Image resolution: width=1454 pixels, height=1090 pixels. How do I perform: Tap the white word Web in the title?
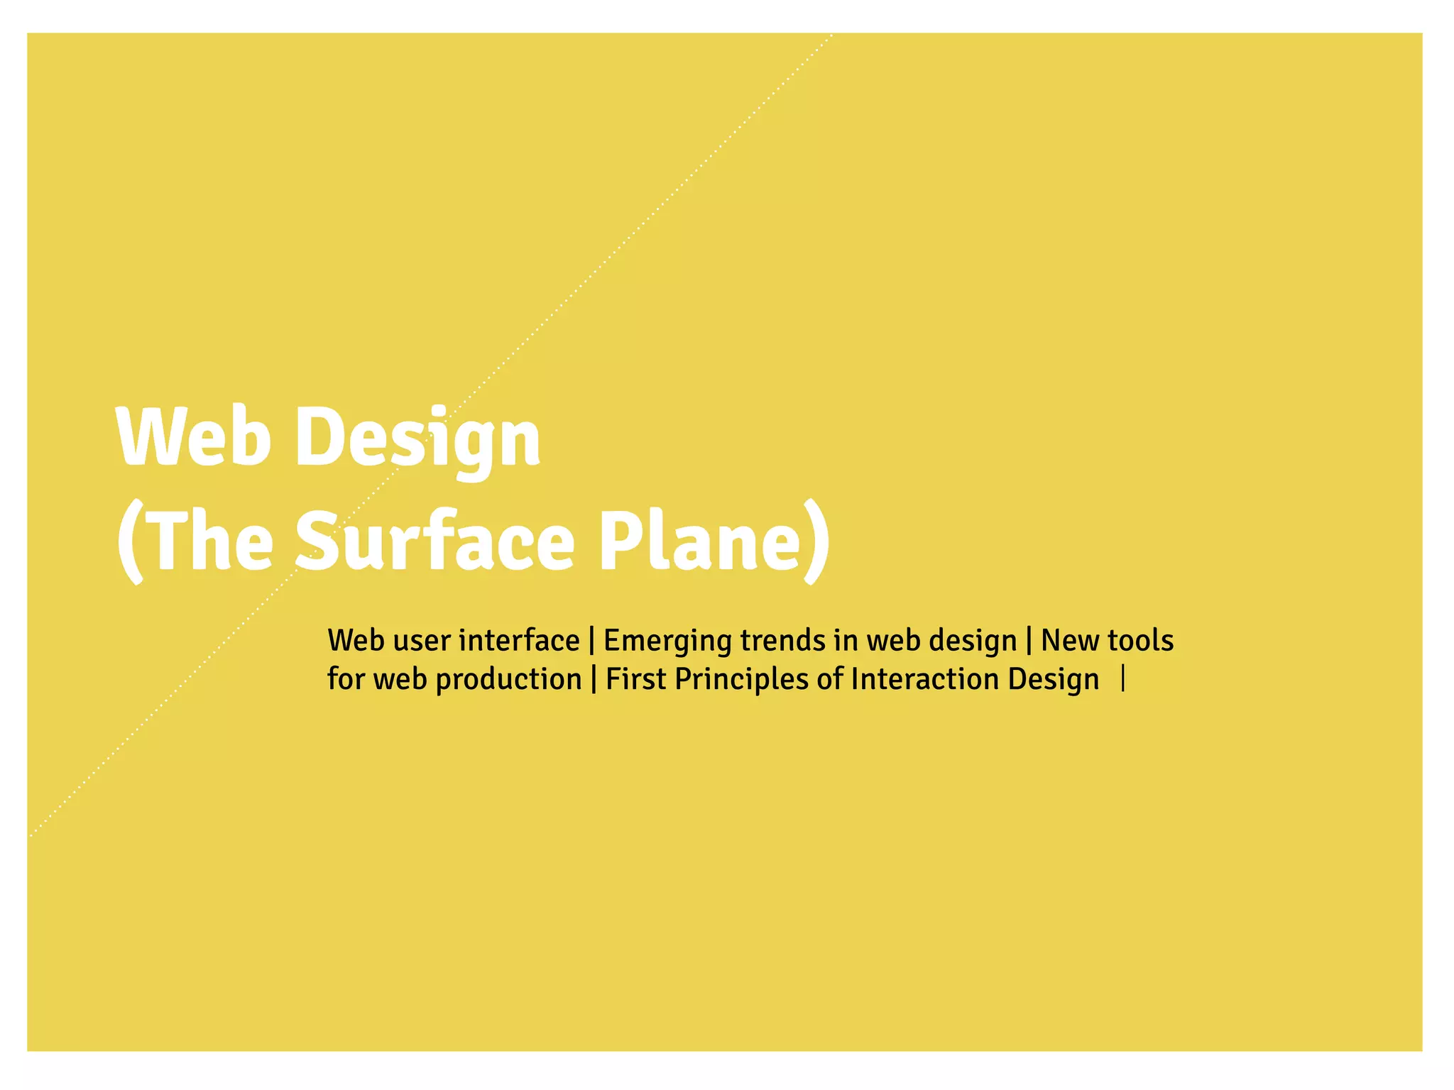click(194, 436)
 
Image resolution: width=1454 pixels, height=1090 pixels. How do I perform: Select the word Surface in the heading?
click(434, 541)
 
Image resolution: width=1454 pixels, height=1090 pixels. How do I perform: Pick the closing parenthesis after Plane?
click(818, 544)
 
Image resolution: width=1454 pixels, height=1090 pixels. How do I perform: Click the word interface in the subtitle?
click(519, 641)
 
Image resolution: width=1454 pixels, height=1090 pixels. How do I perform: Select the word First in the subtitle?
click(635, 679)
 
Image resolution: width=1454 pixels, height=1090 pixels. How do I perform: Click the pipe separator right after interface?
click(592, 642)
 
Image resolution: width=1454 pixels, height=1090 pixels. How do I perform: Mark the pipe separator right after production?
click(594, 680)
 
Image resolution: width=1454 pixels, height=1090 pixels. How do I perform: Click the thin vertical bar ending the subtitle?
click(1122, 679)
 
